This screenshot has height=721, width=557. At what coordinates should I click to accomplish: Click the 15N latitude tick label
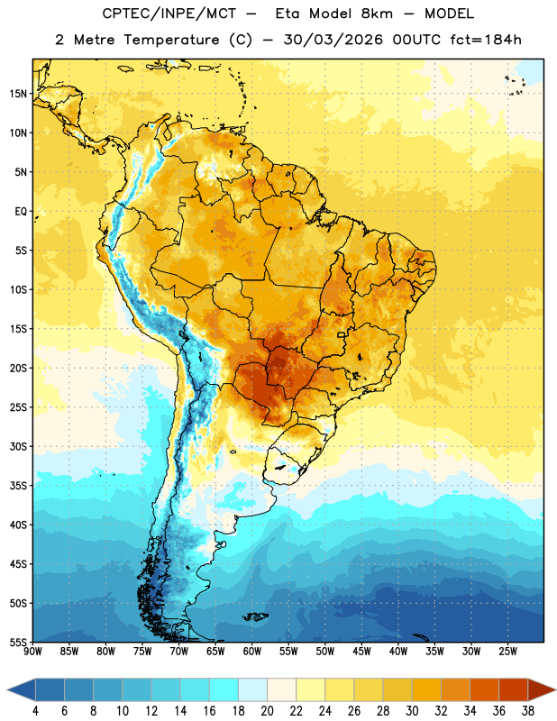click(x=18, y=94)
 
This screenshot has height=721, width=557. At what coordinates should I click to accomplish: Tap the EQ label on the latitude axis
click(x=21, y=212)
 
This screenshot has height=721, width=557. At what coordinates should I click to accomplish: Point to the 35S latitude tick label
click(x=18, y=486)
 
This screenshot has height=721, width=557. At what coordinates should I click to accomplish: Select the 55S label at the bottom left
click(x=18, y=643)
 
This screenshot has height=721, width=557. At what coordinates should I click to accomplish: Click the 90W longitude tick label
click(x=32, y=652)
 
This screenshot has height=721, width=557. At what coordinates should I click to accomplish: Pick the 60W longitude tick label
click(x=252, y=652)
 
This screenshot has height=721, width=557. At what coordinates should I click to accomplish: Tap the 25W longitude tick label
click(x=507, y=652)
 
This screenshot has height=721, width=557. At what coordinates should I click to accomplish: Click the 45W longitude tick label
click(x=361, y=652)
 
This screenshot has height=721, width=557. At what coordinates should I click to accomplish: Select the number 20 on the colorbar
click(x=267, y=711)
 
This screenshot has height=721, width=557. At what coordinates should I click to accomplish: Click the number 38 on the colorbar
click(x=528, y=711)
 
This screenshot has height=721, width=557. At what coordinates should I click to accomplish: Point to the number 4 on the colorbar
click(x=35, y=711)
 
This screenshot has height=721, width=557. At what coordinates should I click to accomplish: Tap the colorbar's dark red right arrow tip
click(x=555, y=689)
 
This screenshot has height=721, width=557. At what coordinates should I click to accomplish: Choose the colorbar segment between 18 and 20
click(x=252, y=689)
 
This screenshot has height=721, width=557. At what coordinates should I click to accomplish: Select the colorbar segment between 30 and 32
click(x=426, y=689)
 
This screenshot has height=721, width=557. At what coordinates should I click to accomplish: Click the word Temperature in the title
click(x=171, y=40)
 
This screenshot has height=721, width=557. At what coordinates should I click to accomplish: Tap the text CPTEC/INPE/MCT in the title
click(x=169, y=14)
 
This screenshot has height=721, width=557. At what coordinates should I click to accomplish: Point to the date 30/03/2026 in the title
click(x=333, y=40)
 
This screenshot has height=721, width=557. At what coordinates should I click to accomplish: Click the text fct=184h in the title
click(x=486, y=40)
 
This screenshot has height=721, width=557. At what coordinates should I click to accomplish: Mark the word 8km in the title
click(x=377, y=14)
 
